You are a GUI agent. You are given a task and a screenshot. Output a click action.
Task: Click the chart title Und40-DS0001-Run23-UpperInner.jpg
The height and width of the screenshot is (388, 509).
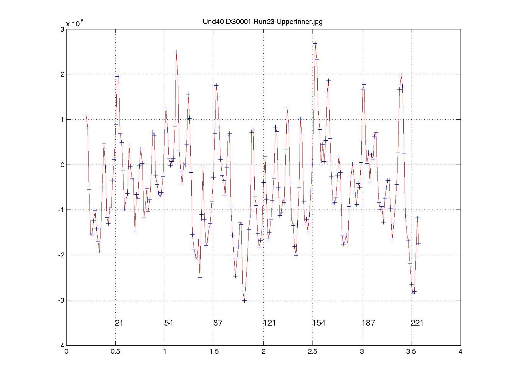262,22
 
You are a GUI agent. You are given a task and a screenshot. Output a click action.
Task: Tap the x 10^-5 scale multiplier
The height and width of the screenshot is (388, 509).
75,24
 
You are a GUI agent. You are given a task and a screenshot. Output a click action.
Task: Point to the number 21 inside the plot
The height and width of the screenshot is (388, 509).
119,323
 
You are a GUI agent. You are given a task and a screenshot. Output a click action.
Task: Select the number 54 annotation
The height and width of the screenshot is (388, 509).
169,323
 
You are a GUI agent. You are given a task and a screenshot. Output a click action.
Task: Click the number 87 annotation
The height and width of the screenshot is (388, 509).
218,323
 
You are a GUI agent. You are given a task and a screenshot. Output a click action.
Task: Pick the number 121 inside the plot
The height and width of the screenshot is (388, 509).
269,323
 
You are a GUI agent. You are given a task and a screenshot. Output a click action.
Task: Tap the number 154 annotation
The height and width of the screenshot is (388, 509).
319,323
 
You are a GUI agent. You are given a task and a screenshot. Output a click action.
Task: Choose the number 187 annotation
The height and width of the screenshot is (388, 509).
368,323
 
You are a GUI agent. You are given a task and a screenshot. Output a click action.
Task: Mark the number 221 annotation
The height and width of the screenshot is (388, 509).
417,323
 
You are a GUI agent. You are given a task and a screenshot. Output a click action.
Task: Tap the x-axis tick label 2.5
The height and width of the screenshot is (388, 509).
313,352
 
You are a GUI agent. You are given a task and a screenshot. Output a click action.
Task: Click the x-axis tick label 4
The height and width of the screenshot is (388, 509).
461,352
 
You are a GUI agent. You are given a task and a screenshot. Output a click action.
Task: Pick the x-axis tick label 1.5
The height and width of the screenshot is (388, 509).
214,352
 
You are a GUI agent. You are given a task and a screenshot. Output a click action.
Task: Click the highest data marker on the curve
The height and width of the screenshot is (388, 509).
315,43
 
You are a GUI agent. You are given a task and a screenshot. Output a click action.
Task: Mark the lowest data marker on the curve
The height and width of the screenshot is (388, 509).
244,300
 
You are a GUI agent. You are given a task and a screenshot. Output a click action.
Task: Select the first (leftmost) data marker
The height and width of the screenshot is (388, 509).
86,114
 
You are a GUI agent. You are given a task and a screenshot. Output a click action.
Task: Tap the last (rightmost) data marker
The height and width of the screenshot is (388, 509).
419,243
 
